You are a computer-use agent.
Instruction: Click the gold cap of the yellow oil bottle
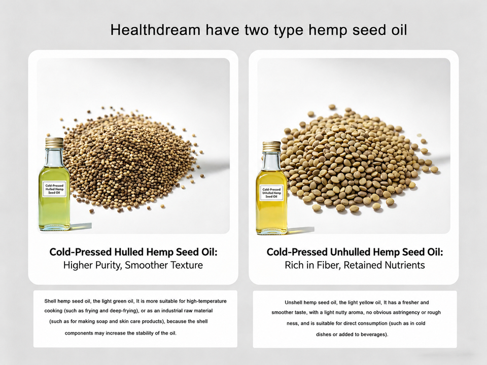[271, 147]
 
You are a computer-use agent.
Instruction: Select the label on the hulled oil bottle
[54, 189]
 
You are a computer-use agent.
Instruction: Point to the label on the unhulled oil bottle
[271, 193]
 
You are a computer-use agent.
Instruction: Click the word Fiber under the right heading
[327, 265]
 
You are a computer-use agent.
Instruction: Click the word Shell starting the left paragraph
[50, 301]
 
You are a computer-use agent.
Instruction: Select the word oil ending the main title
[398, 30]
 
